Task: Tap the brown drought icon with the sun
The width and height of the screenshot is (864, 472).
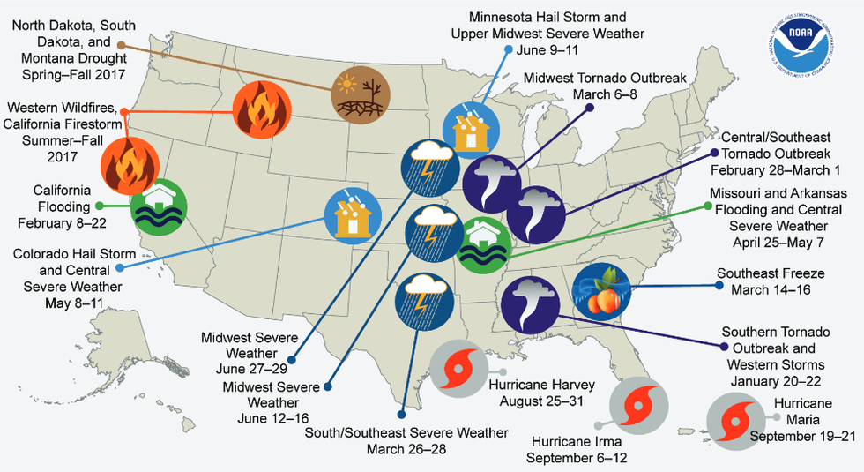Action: pyautogui.click(x=360, y=96)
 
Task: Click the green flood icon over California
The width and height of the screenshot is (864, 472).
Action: pyautogui.click(x=159, y=207)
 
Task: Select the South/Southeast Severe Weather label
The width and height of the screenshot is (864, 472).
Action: pyautogui.click(x=406, y=441)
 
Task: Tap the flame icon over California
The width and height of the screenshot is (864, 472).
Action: pyautogui.click(x=129, y=164)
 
